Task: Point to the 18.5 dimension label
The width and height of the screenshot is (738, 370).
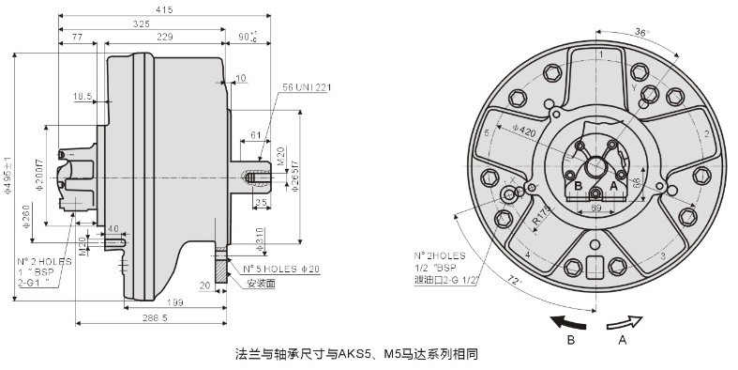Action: click(x=83, y=97)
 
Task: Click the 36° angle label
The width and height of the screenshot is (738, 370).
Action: click(x=641, y=33)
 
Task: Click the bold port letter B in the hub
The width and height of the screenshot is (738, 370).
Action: click(x=578, y=186)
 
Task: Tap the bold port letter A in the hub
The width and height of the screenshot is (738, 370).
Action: click(x=613, y=186)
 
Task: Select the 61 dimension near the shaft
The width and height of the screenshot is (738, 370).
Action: click(x=256, y=135)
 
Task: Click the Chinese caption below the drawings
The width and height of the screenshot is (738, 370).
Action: click(x=356, y=355)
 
